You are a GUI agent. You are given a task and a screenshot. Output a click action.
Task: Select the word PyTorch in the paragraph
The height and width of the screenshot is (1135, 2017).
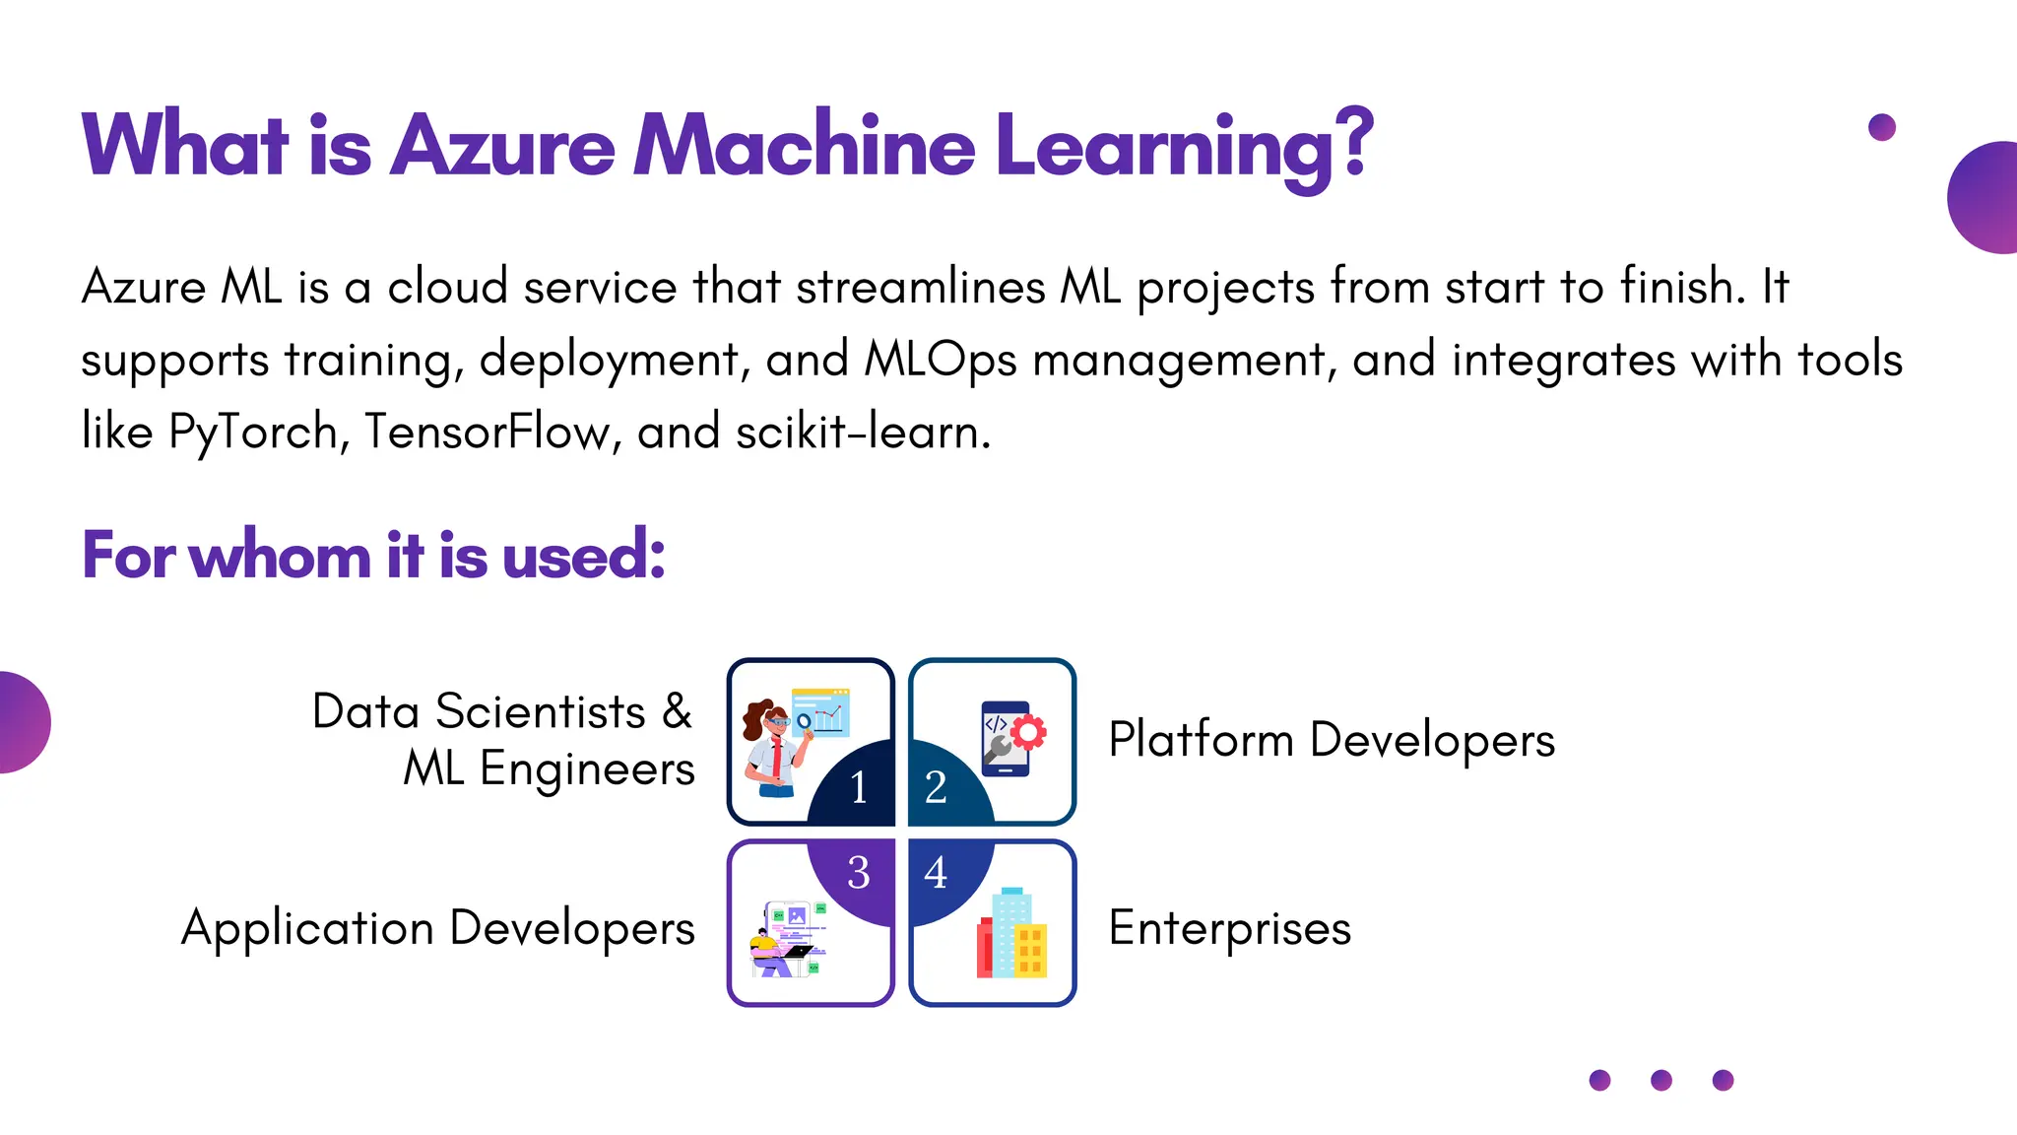click(253, 432)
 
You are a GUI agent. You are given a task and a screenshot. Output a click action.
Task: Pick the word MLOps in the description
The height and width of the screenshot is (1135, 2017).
click(940, 360)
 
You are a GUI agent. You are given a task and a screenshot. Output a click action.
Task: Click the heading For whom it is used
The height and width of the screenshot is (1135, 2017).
click(373, 555)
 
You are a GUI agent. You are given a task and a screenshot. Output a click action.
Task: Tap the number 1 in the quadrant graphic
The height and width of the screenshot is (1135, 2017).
click(859, 787)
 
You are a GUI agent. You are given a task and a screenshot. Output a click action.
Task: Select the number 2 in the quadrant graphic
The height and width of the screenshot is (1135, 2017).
click(935, 787)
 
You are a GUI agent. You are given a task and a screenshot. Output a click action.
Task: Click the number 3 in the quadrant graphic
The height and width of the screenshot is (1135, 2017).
click(859, 872)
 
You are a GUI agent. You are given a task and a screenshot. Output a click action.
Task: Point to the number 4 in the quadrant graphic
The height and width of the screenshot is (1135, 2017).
click(935, 872)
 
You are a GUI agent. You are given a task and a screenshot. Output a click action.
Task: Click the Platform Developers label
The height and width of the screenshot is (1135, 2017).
click(1331, 740)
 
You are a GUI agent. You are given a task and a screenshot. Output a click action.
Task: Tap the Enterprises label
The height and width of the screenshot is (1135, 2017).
click(1229, 928)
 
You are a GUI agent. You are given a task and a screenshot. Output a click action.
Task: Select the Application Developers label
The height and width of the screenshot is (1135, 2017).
click(438, 928)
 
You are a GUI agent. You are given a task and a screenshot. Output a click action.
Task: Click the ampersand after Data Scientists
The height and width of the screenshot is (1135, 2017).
click(677, 710)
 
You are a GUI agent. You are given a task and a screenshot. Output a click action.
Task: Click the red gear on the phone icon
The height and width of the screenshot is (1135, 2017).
click(1028, 732)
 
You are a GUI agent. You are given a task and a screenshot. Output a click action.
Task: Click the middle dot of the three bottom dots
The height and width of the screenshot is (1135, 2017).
click(1661, 1080)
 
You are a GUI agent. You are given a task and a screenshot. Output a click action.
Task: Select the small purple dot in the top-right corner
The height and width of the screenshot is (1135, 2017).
click(1882, 127)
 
